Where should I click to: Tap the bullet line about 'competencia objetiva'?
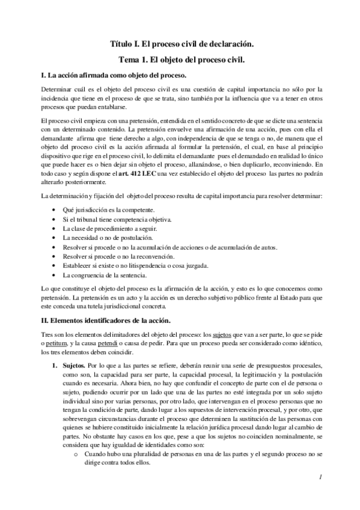point(117,220)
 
